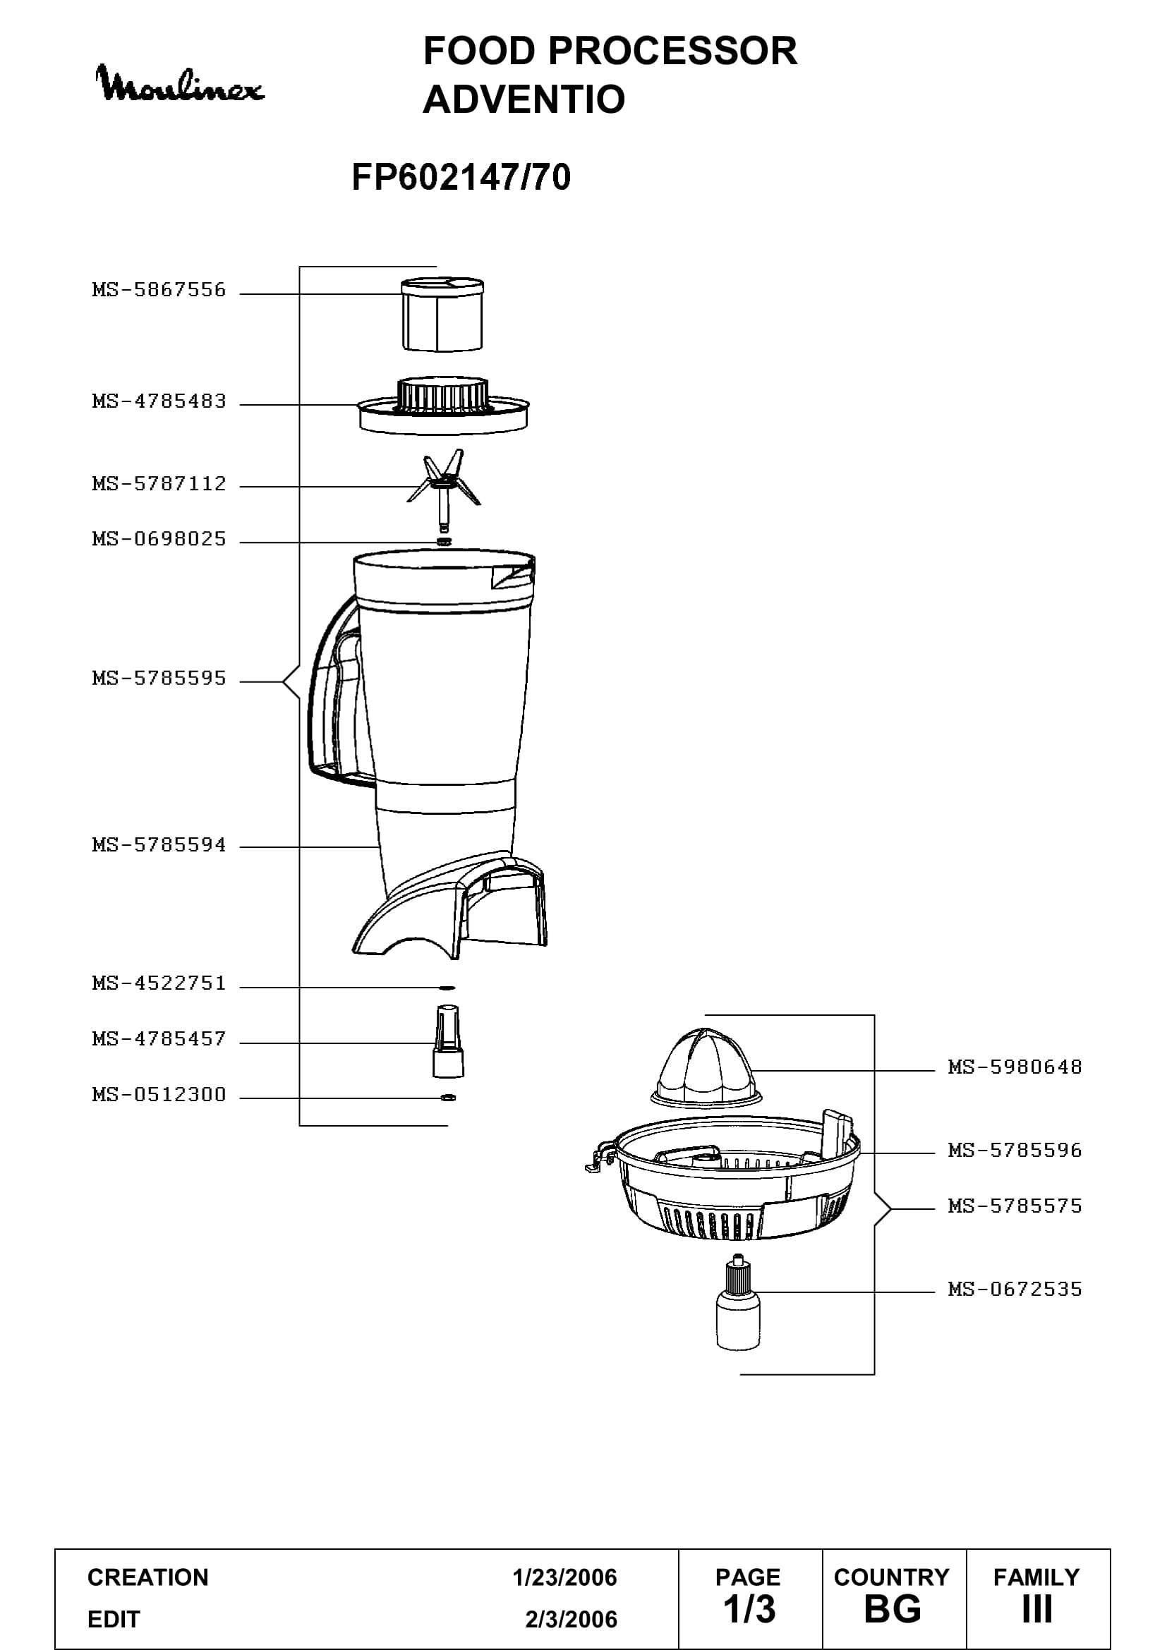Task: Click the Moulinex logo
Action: [x=180, y=84]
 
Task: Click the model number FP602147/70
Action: [x=461, y=177]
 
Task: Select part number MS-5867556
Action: [x=159, y=290]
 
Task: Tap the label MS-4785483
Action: [x=159, y=401]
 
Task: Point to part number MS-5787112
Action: [x=159, y=484]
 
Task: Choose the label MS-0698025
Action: [x=159, y=539]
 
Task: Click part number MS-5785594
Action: [x=159, y=845]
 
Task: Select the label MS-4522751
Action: [x=159, y=983]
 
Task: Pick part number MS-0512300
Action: [x=159, y=1095]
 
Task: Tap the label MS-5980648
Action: [x=1015, y=1067]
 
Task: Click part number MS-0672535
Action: [x=1015, y=1290]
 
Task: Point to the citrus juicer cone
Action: [x=706, y=1069]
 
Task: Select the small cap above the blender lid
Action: [x=442, y=314]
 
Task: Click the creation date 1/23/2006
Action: [x=565, y=1577]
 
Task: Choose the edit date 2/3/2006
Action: [x=572, y=1619]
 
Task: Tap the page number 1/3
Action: [x=749, y=1609]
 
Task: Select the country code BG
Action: [x=893, y=1609]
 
